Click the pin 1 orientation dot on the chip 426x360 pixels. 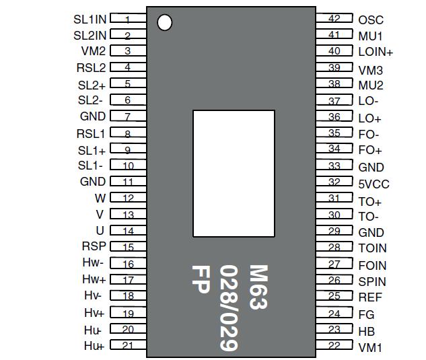point(164,22)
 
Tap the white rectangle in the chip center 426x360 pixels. point(234,174)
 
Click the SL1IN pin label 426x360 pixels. point(90,20)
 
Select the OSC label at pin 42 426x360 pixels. point(371,20)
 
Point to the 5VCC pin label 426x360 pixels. point(374,184)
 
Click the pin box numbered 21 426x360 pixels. point(128,345)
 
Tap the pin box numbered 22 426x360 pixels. point(334,346)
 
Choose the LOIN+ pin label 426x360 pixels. point(376,52)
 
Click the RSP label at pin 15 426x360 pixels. point(94,246)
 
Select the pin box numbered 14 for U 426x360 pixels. point(128,231)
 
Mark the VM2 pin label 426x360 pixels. point(94,50)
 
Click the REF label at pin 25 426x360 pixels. point(370,297)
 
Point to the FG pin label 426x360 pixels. point(366,314)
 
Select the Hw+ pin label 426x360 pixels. point(94,279)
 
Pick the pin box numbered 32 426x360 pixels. point(334,182)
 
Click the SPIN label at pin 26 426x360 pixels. point(372,281)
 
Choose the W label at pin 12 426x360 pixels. point(100,198)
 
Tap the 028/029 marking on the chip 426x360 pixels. point(229,307)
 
